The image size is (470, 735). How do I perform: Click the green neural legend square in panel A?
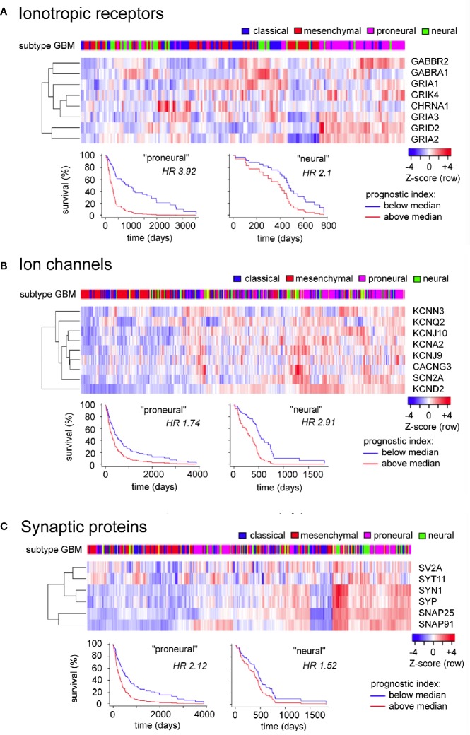click(x=409, y=31)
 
